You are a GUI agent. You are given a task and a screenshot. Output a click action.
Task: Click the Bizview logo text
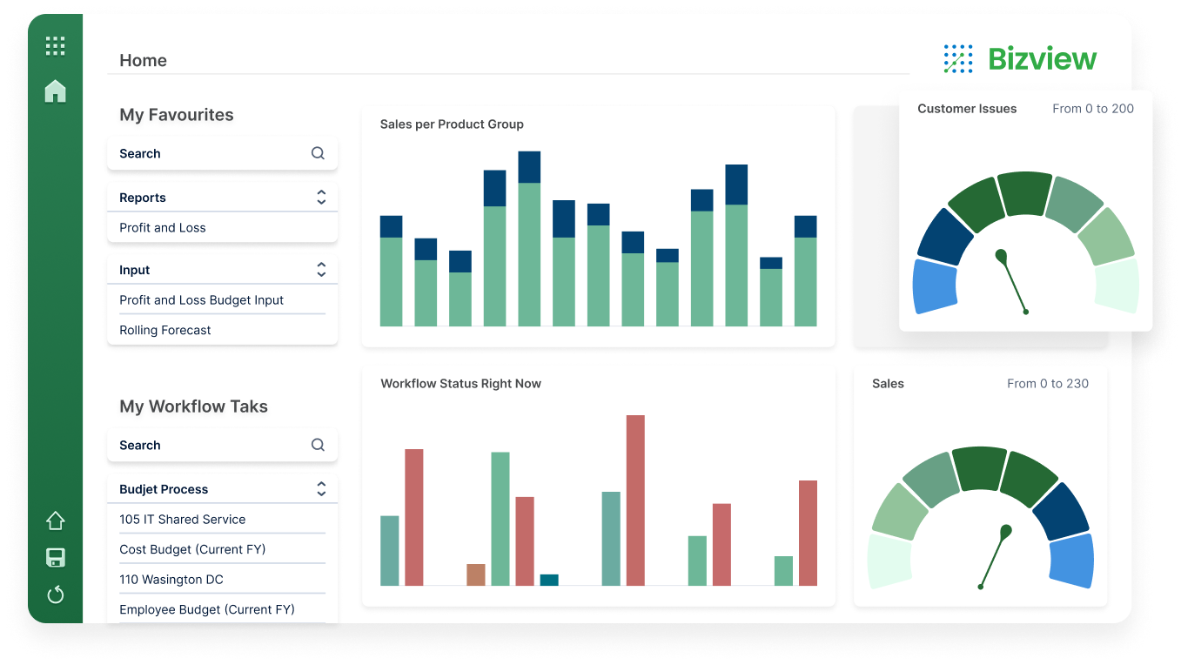click(1042, 59)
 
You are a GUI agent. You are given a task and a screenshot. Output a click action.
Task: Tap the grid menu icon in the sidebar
click(55, 46)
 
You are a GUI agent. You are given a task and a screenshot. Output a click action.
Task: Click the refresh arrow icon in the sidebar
click(55, 594)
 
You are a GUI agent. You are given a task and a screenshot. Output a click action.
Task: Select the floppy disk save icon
click(55, 558)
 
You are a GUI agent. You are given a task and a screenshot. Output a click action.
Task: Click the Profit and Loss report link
click(163, 228)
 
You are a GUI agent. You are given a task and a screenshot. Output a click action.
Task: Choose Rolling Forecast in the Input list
click(165, 331)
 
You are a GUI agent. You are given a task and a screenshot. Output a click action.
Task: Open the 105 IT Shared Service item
click(183, 520)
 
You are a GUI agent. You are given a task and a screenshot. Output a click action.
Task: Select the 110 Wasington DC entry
click(171, 580)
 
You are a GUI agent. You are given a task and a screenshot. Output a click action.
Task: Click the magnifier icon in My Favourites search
click(318, 153)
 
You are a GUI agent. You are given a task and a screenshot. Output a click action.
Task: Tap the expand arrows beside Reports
click(321, 198)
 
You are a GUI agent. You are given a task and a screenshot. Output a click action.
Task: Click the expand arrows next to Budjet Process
click(321, 489)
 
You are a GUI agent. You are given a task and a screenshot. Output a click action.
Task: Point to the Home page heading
click(143, 60)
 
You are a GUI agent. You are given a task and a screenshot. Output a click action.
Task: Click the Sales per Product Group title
click(452, 124)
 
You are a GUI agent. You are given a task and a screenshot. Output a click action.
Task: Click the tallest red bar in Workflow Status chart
click(635, 500)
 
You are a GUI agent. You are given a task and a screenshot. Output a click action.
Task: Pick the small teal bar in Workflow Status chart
click(549, 580)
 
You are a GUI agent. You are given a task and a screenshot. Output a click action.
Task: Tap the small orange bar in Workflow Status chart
click(475, 574)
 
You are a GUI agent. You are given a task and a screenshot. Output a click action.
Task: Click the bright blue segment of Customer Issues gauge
click(935, 286)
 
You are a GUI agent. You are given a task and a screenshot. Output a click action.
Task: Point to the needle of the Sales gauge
click(994, 557)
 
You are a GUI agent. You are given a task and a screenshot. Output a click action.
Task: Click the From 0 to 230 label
click(1047, 384)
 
